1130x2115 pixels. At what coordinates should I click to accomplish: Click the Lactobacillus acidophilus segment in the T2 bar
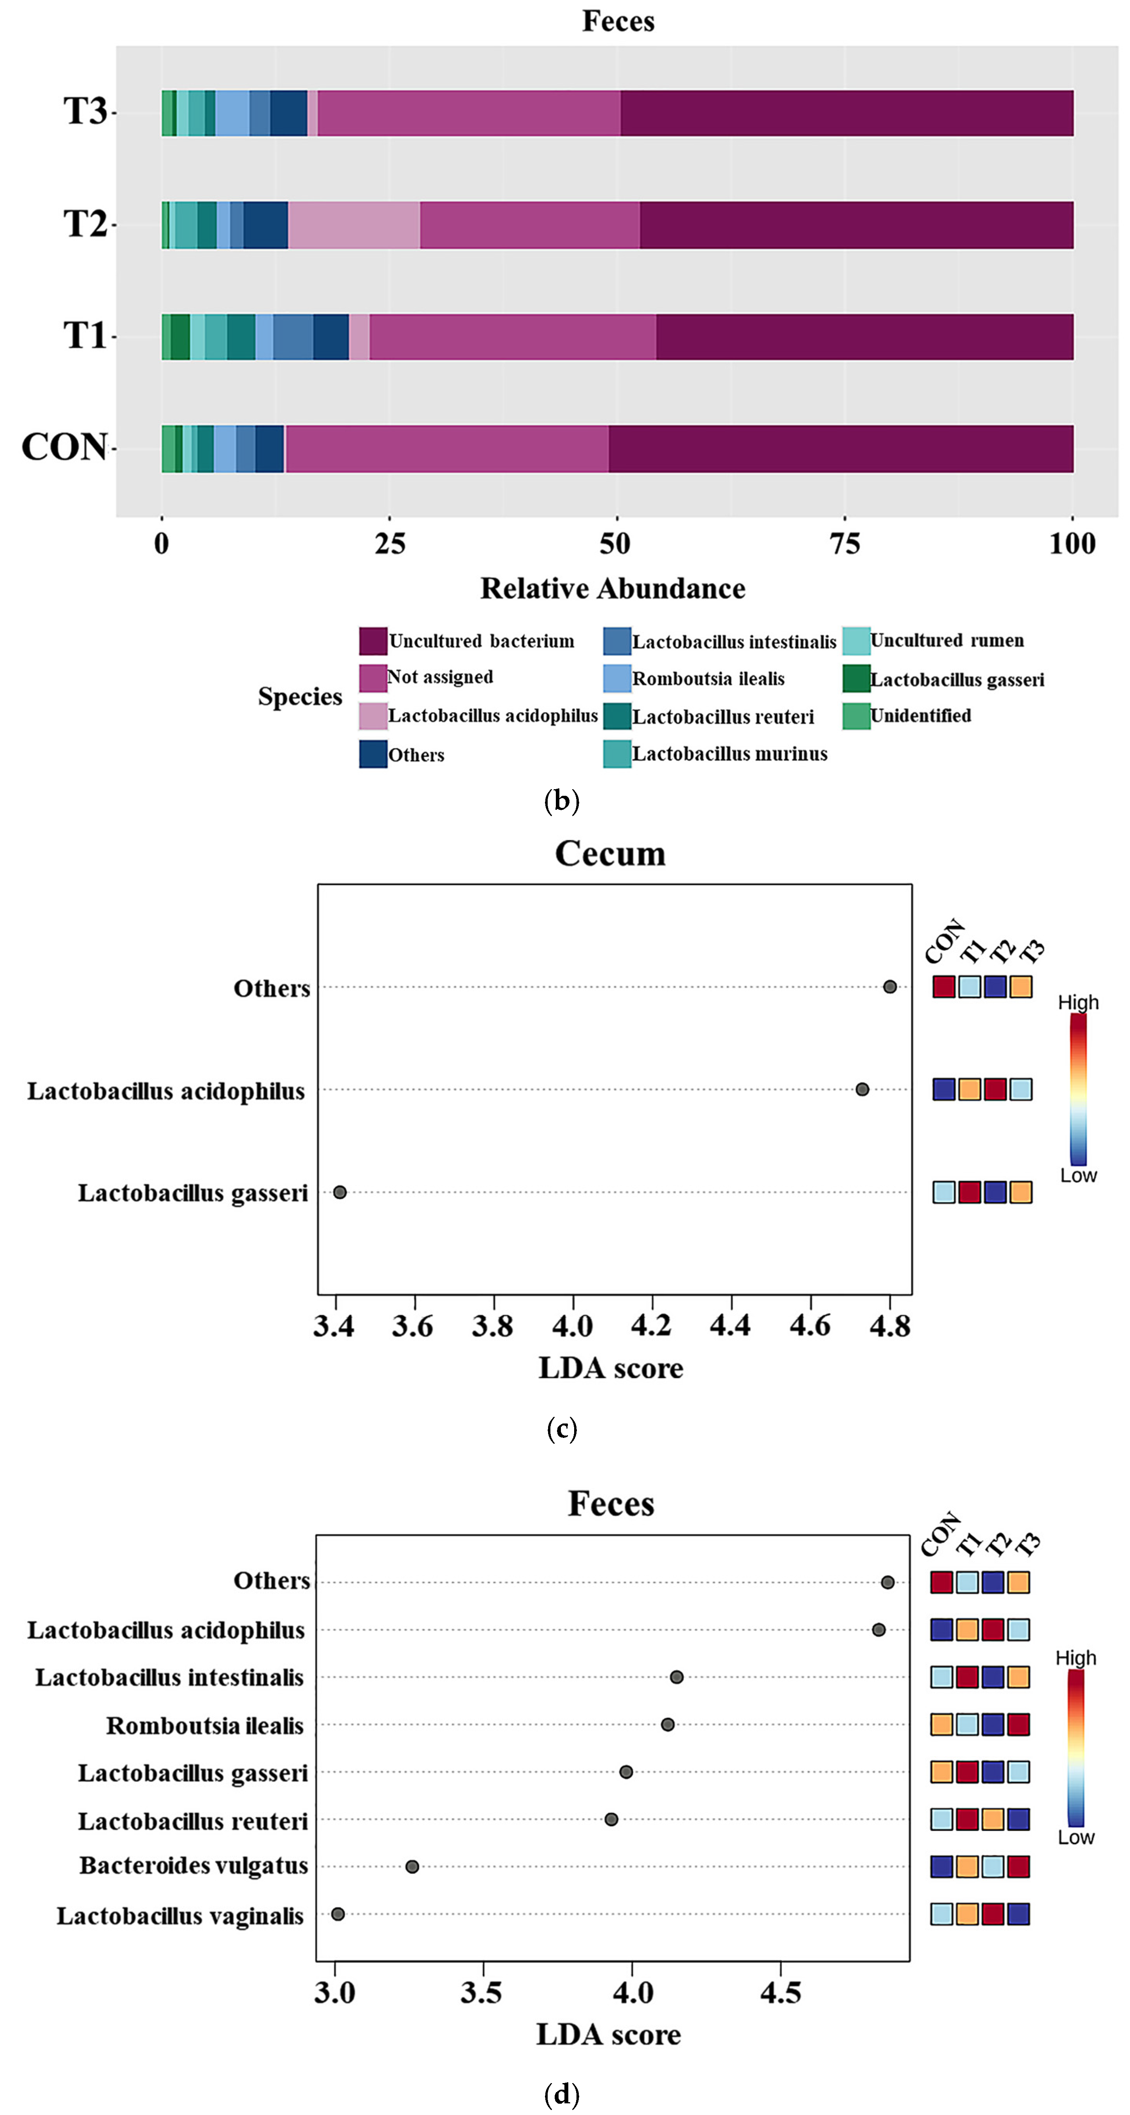coord(354,225)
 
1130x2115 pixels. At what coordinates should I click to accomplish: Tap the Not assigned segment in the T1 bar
coord(512,337)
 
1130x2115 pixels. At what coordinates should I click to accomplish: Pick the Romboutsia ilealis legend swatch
coord(617,678)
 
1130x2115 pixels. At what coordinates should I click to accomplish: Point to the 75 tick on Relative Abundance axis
coord(845,544)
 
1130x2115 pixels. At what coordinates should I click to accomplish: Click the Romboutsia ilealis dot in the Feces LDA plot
coord(668,1724)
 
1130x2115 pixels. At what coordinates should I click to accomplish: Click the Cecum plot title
coord(610,854)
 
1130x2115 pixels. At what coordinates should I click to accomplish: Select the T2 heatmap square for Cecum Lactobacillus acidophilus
coord(995,1090)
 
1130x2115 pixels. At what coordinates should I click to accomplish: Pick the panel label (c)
coord(562,1429)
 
